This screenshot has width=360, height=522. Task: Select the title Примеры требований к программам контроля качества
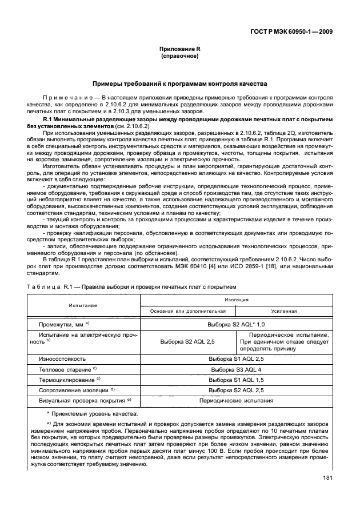pyautogui.click(x=179, y=83)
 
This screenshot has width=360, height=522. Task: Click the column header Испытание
pyautogui.click(x=83, y=305)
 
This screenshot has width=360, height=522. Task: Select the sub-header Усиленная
pyautogui.click(x=284, y=312)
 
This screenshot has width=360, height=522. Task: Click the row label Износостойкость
pyautogui.click(x=62, y=358)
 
